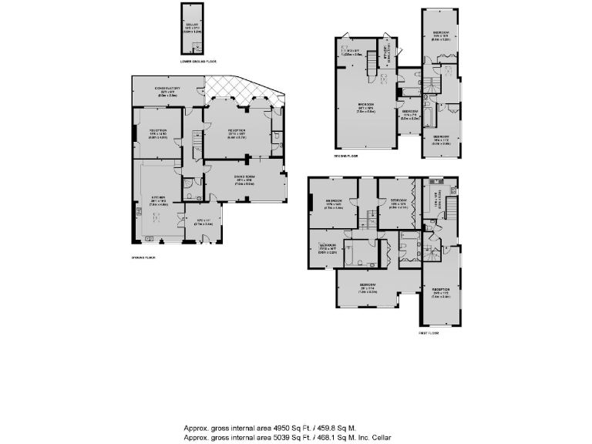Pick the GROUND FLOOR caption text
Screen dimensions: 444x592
point(144,258)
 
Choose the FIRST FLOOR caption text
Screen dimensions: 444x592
point(429,333)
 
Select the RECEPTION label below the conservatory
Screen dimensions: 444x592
point(158,129)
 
